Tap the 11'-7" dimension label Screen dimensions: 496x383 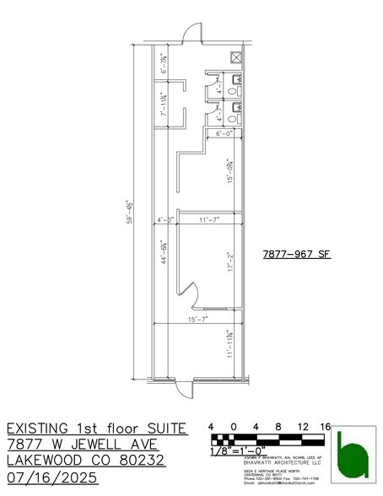tap(208, 220)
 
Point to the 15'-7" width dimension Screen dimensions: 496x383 tap(197, 320)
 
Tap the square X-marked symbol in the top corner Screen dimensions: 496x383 tap(238, 58)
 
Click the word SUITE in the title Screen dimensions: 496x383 tap(160, 429)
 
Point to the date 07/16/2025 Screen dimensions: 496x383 tap(52, 477)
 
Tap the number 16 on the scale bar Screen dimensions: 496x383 tap(325, 427)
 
